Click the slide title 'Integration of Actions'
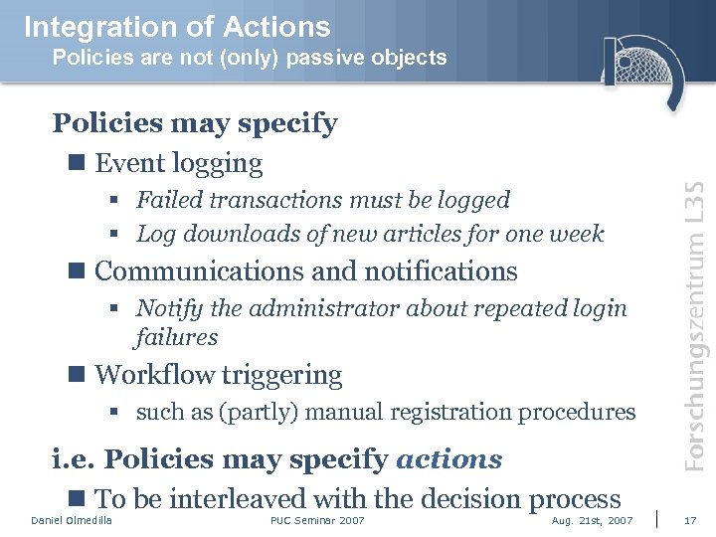(177, 26)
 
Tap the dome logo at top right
(641, 70)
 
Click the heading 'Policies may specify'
(195, 123)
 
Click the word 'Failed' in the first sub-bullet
(168, 200)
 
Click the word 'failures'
(176, 337)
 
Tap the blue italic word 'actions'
(448, 459)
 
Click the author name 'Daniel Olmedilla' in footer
(72, 521)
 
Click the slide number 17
(691, 521)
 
